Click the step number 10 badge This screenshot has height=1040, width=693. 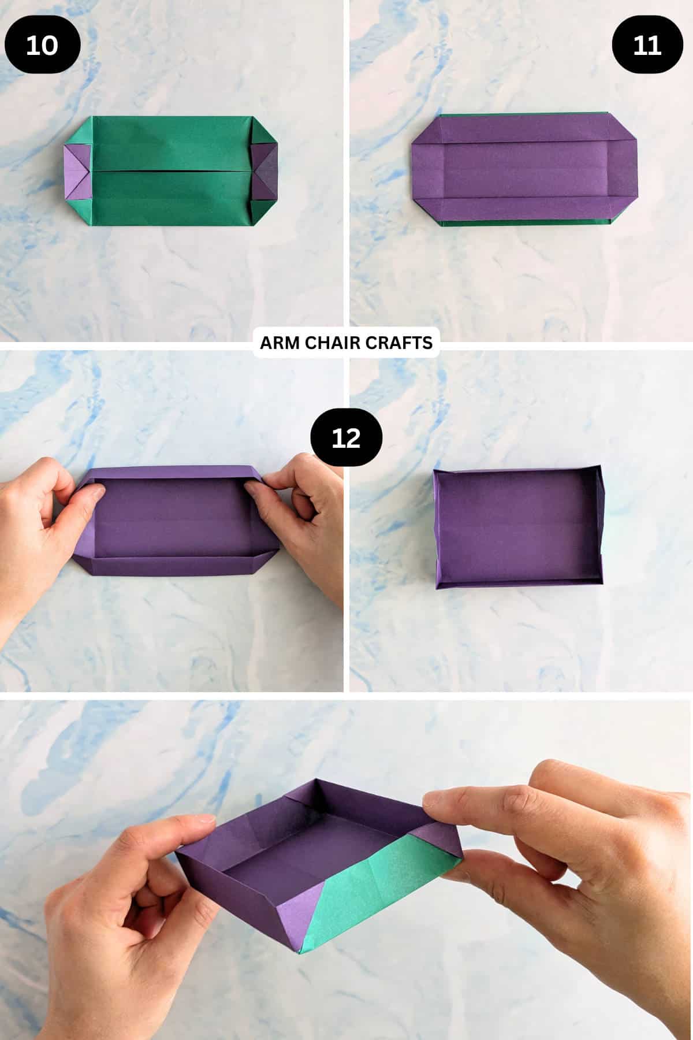click(x=42, y=45)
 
